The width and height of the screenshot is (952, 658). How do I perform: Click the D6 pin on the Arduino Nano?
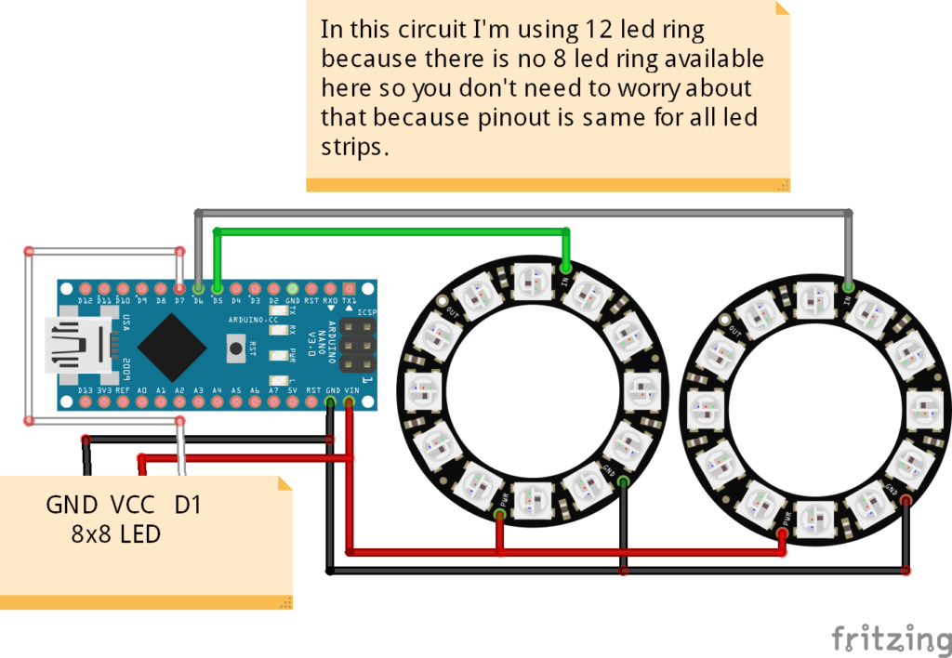pos(198,289)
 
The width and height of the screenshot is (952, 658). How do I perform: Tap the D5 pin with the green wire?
pos(217,289)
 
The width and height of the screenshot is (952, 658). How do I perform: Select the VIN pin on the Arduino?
pos(350,402)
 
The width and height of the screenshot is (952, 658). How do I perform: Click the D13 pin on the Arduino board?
pos(85,402)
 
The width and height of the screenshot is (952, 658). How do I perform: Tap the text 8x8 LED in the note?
pos(115,534)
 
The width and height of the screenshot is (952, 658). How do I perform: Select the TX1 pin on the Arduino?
pos(350,289)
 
